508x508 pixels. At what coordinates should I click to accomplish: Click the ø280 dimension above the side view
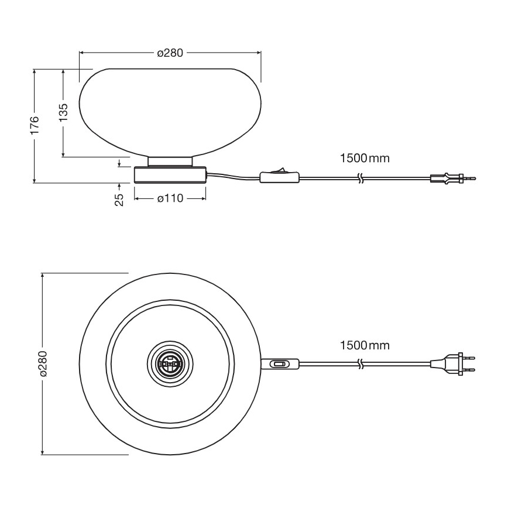point(170,53)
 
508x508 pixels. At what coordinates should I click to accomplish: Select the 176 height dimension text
point(35,125)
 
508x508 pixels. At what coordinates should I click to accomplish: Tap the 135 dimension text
point(63,112)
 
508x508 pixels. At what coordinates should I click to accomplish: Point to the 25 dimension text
point(119,200)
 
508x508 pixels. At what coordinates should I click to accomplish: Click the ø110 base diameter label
point(170,198)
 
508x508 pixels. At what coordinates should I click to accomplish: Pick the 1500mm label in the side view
point(364,158)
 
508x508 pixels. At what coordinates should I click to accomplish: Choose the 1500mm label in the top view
point(364,345)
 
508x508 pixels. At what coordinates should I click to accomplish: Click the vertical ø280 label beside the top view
point(43,364)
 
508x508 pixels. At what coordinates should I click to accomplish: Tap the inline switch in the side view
point(279,176)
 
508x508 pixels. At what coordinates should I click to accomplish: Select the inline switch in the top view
point(280,364)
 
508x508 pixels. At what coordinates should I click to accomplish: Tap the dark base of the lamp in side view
point(170,174)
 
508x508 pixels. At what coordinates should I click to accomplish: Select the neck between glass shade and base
point(170,161)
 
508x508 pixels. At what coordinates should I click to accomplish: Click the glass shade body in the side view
point(170,111)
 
